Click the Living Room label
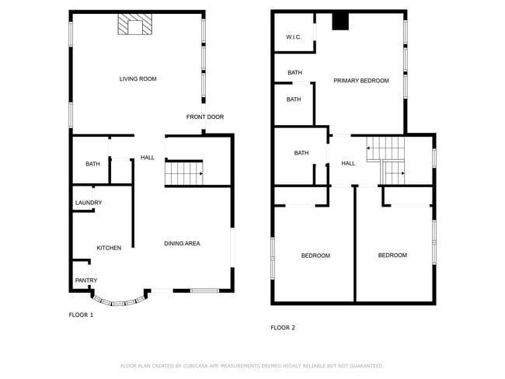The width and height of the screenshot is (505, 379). pos(138,78)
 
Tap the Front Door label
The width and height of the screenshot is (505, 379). pos(205,117)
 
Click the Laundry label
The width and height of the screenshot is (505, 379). pos(89,203)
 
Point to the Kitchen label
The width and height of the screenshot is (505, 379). pos(109,248)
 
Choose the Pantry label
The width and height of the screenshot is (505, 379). pos(85,280)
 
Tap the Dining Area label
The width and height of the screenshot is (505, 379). pos(182,244)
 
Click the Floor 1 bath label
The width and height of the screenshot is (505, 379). pos(92,164)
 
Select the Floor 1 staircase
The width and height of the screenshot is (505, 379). pos(185,173)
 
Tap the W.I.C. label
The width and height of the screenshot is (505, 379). pos(294,37)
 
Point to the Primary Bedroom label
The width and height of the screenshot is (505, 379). pos(361,81)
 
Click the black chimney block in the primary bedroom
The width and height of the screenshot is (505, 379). pos(340,22)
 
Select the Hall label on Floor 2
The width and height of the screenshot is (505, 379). pos(348,163)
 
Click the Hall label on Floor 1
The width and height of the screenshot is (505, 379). pos(148,158)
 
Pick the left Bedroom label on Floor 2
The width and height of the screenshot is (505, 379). pos(315,256)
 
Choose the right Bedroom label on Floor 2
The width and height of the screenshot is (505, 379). pos(392,255)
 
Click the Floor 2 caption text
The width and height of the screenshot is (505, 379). pos(283,328)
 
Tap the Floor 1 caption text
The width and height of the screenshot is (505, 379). pos(81,315)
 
